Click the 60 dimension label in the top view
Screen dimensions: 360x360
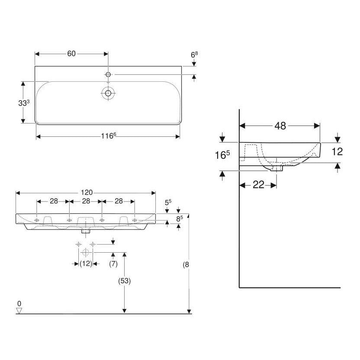coord(71,54)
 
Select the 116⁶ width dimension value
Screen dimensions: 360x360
coord(108,136)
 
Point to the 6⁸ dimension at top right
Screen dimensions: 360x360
coord(194,55)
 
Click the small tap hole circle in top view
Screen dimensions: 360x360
coord(108,75)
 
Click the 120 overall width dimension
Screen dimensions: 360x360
coord(86,193)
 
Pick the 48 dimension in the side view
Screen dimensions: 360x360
coord(280,125)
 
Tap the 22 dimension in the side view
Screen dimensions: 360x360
coord(258,185)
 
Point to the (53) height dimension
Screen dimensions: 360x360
coord(124,281)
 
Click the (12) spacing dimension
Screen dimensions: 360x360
coord(86,264)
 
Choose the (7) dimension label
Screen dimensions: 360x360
coord(113,264)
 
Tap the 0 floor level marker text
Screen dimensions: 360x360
coord(19,302)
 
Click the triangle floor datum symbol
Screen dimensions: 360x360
coord(19,310)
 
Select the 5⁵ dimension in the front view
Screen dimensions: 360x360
coord(168,202)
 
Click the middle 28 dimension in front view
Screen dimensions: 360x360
coord(86,201)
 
